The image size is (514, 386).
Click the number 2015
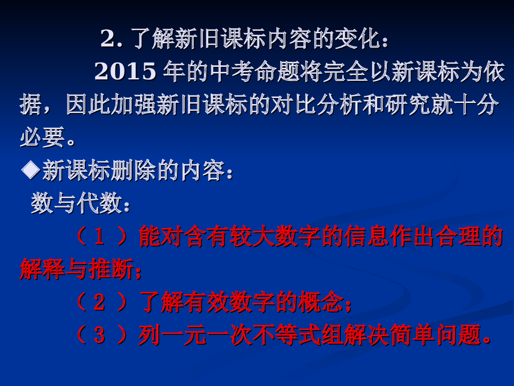coord(125,72)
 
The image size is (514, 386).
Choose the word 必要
coord(43,137)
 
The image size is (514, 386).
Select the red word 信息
coord(366,237)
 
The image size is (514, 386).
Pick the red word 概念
coord(321,303)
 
